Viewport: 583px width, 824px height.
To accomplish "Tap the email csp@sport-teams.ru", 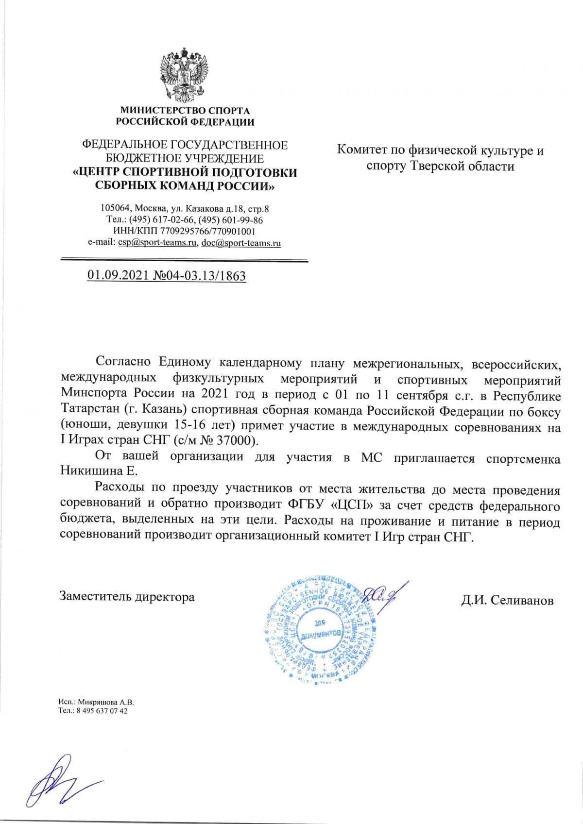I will pos(156,243).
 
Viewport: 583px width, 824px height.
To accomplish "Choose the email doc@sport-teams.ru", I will pos(240,243).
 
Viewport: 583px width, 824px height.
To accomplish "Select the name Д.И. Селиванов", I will pos(507,601).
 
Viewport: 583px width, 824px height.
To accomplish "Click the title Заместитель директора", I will pos(127,596).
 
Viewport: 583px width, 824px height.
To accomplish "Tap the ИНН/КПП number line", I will pos(184,232).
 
